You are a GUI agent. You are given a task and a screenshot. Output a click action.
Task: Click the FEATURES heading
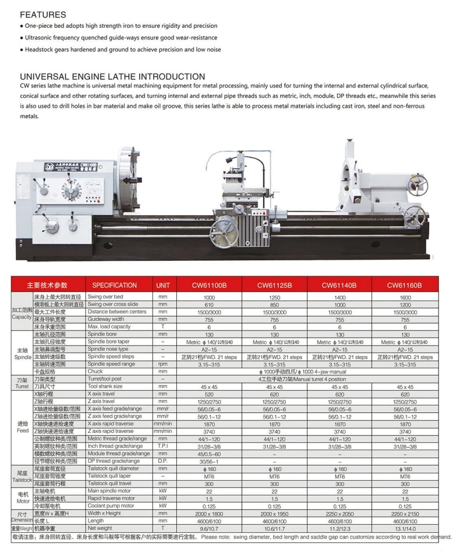(43, 14)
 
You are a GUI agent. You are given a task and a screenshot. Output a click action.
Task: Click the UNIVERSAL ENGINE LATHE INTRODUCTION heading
(112, 77)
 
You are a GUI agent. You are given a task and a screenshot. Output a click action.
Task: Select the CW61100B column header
(209, 285)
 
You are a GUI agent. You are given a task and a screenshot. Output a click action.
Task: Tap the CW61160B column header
(405, 285)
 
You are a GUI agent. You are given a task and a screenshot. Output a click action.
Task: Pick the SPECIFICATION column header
(114, 285)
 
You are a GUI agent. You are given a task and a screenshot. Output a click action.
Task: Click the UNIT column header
(163, 285)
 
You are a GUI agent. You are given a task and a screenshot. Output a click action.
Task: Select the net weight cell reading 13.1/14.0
(405, 528)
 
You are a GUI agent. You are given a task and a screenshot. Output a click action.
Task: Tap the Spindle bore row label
(103, 335)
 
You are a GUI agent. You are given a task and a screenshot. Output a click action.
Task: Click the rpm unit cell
(163, 364)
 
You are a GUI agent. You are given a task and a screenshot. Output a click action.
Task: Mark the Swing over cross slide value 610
(209, 304)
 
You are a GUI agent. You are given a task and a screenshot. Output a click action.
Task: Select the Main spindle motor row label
(111, 491)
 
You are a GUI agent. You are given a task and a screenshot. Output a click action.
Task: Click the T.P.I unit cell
(163, 446)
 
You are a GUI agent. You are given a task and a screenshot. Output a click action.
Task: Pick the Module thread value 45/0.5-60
(209, 454)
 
